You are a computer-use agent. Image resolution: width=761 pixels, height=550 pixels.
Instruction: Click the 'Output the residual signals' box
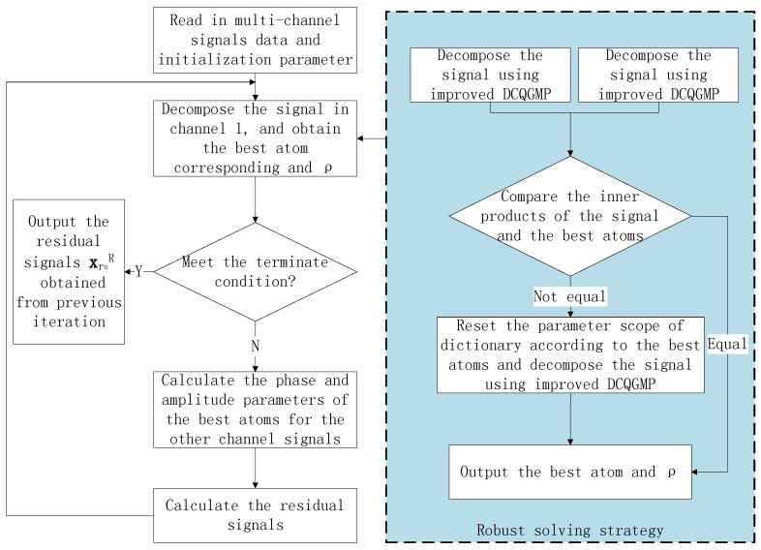click(68, 272)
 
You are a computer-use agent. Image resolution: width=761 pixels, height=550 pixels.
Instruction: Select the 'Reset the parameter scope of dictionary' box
click(537, 355)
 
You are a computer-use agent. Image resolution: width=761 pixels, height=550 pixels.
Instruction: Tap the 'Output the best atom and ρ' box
click(570, 472)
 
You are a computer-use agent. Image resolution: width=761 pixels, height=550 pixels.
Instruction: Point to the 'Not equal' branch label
click(570, 294)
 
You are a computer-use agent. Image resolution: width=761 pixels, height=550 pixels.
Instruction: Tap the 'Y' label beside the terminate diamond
click(138, 272)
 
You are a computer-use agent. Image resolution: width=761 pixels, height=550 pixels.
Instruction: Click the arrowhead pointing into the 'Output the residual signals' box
click(128, 272)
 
